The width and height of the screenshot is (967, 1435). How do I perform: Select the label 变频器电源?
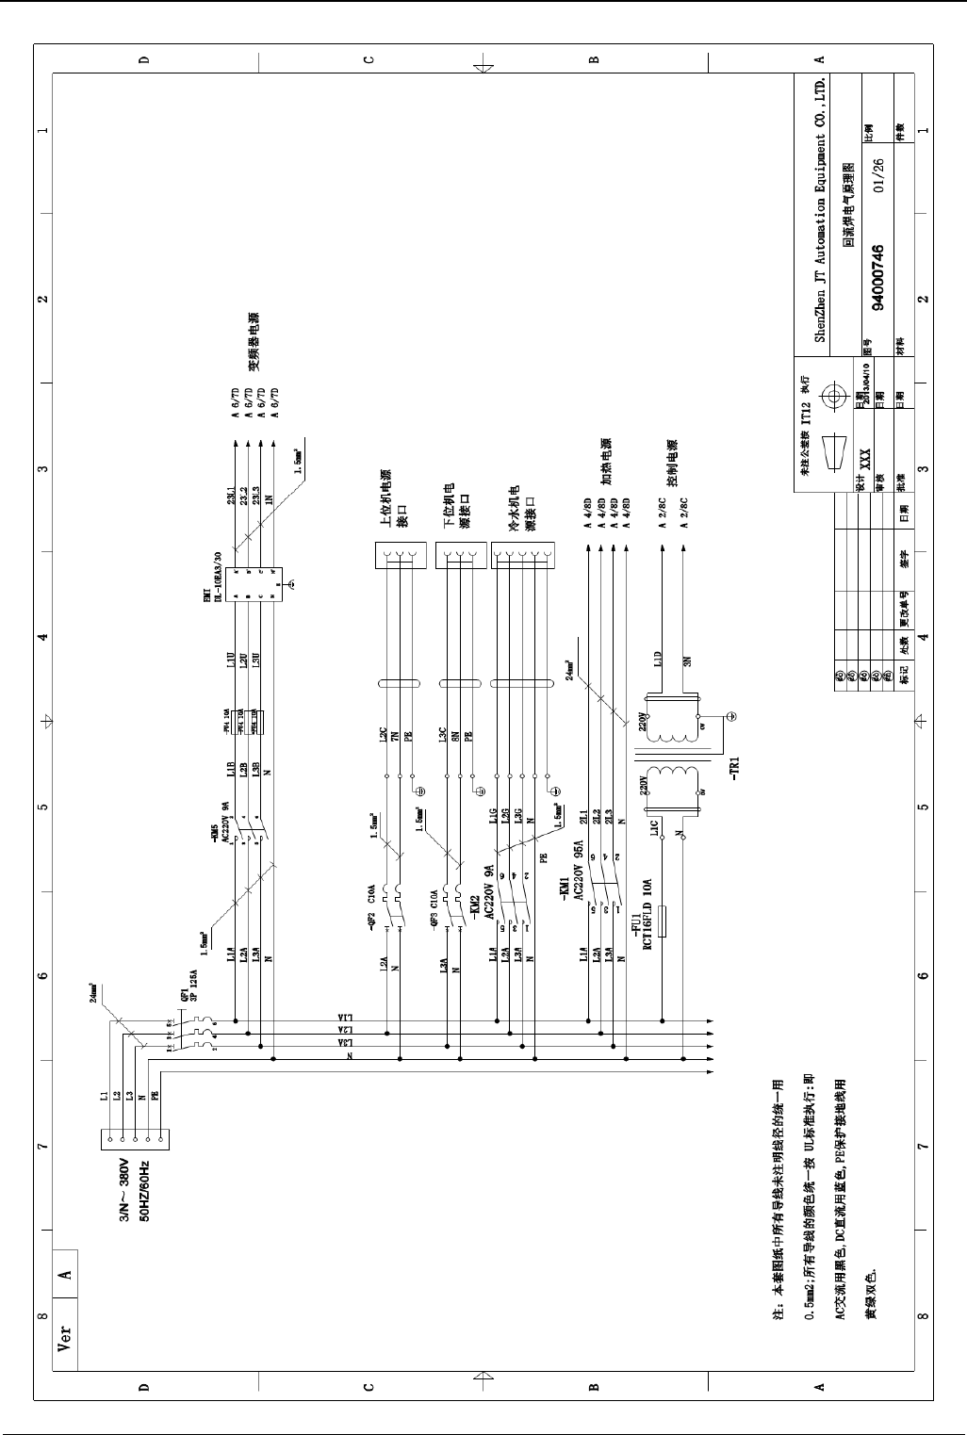pyautogui.click(x=254, y=342)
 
